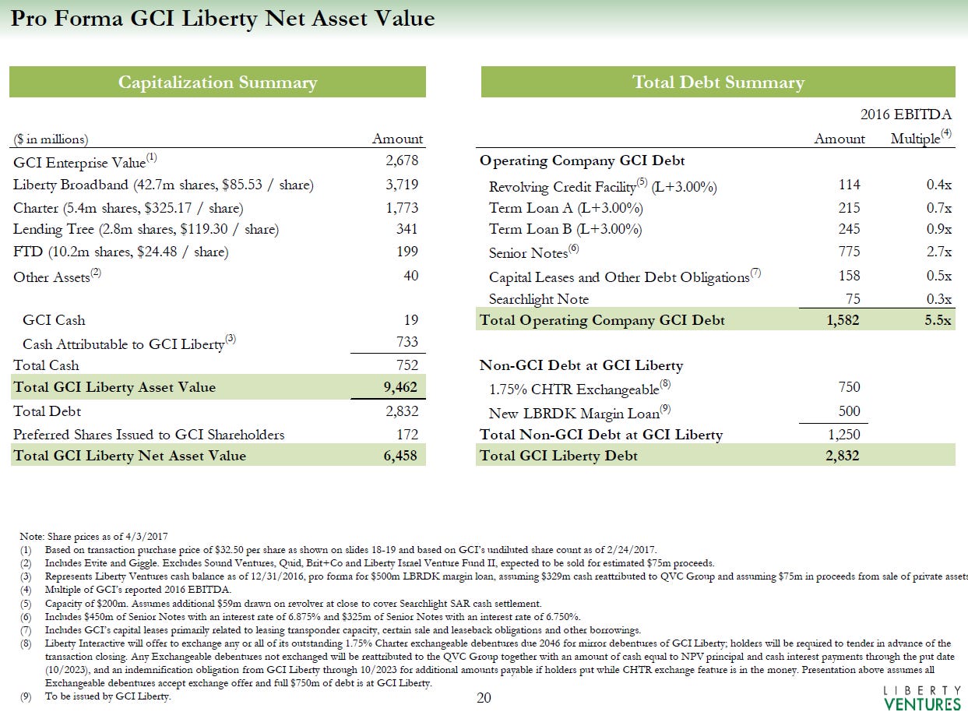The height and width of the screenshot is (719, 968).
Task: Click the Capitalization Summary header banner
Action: click(x=217, y=83)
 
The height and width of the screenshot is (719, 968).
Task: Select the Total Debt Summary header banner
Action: click(x=717, y=83)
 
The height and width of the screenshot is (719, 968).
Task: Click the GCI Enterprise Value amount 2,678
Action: click(x=402, y=161)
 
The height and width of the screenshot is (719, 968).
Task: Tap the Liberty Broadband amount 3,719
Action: click(x=402, y=185)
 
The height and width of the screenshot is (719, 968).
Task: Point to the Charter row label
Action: click(x=128, y=208)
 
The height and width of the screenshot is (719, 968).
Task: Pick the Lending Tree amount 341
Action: click(x=406, y=229)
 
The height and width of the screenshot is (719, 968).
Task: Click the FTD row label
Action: click(x=121, y=252)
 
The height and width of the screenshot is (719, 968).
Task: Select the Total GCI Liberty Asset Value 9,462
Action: click(x=401, y=387)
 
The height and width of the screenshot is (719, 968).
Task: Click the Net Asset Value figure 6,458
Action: click(x=401, y=456)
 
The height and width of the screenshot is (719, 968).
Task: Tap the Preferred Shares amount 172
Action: click(x=406, y=434)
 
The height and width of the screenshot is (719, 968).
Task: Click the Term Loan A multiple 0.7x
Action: click(x=940, y=208)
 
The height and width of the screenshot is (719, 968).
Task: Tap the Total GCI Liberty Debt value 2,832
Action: click(x=843, y=456)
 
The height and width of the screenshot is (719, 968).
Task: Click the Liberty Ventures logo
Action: click(x=923, y=698)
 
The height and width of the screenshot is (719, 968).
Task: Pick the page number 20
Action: click(x=484, y=698)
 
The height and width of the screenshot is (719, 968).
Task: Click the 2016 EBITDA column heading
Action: click(x=906, y=115)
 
